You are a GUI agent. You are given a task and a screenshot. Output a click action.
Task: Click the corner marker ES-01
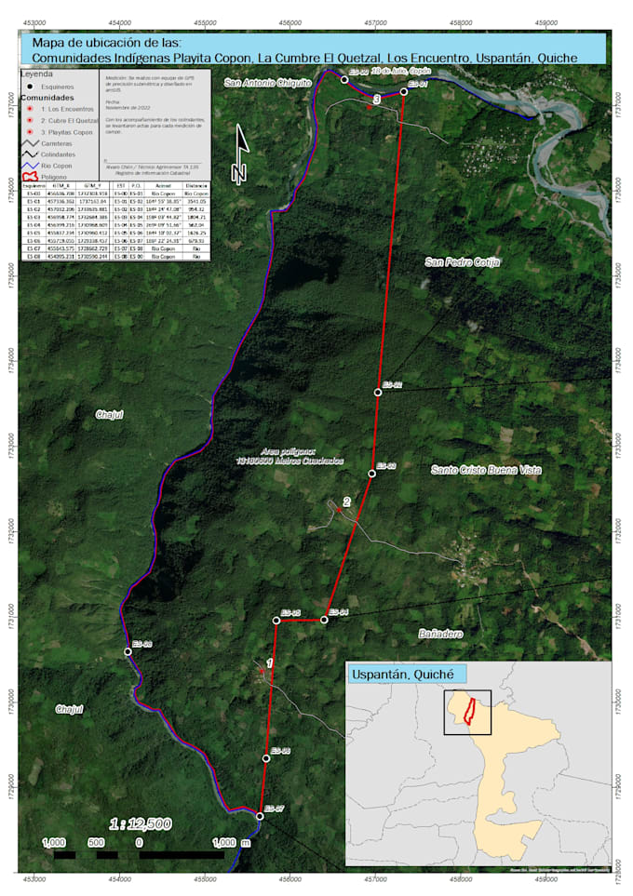coord(404,91)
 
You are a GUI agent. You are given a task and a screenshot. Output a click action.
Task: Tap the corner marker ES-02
coord(378,392)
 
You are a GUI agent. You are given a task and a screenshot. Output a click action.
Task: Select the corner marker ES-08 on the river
coord(128,651)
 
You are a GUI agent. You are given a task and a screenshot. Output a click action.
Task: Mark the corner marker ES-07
coord(260,816)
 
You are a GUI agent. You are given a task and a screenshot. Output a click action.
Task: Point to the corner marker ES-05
coord(276,620)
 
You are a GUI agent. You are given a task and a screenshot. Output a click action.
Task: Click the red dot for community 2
coord(340,510)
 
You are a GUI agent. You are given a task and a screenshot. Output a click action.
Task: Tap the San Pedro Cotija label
coord(463,262)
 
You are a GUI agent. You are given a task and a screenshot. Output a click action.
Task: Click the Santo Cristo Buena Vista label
coord(485,471)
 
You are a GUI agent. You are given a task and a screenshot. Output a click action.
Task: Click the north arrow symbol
coord(241,154)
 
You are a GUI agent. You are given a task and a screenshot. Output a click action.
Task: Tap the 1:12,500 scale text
coord(140,823)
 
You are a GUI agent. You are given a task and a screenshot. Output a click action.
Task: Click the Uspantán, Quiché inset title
coord(405,674)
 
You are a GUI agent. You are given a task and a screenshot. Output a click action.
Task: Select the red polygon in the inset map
coord(470,712)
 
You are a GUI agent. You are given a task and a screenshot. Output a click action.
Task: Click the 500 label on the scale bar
coord(96,842)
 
